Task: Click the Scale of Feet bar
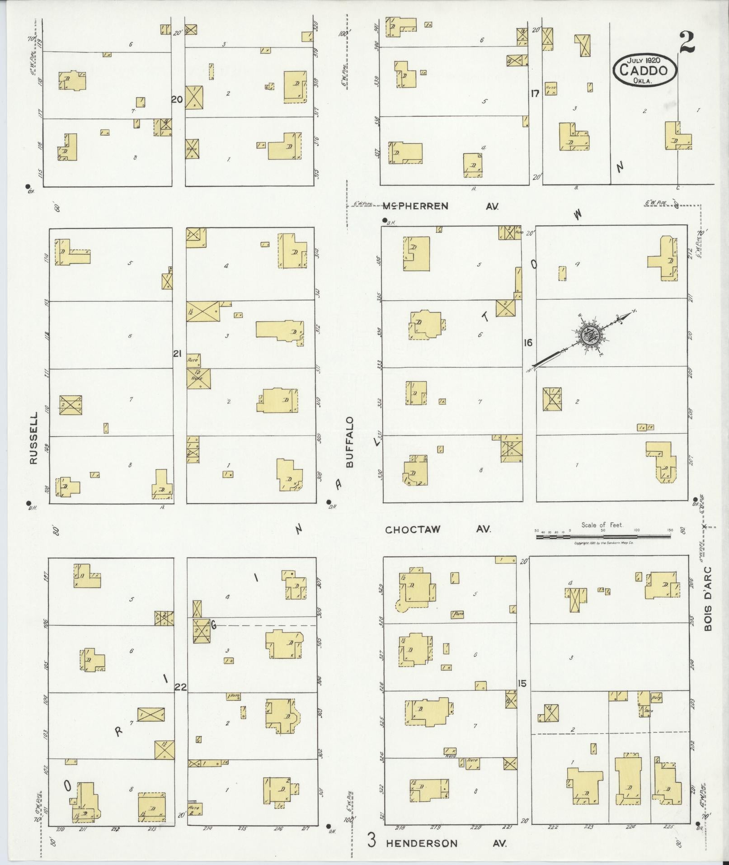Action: (604, 536)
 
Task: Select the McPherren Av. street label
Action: (415, 207)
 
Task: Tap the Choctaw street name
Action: (413, 529)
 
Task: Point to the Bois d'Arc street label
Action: (707, 599)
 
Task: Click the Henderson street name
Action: (421, 843)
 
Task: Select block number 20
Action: (177, 99)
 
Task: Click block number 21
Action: (177, 354)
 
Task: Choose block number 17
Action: (535, 94)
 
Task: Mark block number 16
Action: (527, 343)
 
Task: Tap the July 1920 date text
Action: (644, 60)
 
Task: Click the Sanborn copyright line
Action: (603, 543)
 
